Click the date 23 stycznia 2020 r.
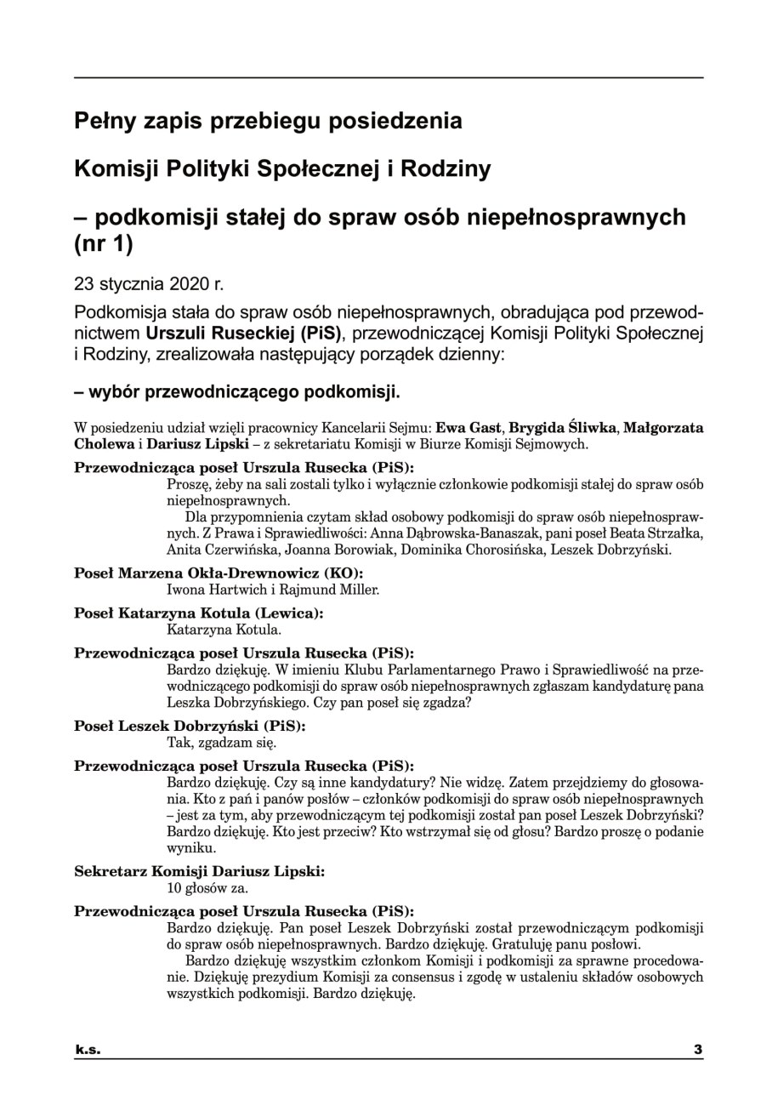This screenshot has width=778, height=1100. pyautogui.click(x=149, y=283)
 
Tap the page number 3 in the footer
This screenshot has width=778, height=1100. pyautogui.click(x=698, y=1049)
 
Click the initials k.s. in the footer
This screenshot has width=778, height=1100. pyautogui.click(x=87, y=1049)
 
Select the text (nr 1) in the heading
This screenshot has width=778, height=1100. pyautogui.click(x=104, y=244)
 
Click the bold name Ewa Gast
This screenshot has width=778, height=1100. pyautogui.click(x=468, y=427)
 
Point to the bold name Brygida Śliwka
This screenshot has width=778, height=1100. pyautogui.click(x=561, y=427)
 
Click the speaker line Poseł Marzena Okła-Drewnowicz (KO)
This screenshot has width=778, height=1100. pyautogui.click(x=219, y=573)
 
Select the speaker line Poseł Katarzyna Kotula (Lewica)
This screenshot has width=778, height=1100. pyautogui.click(x=199, y=613)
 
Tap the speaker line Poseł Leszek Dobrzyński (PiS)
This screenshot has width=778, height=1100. pyautogui.click(x=190, y=727)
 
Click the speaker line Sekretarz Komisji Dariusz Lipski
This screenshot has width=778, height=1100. pyautogui.click(x=199, y=872)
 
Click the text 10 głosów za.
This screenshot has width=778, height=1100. pyautogui.click(x=207, y=888)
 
